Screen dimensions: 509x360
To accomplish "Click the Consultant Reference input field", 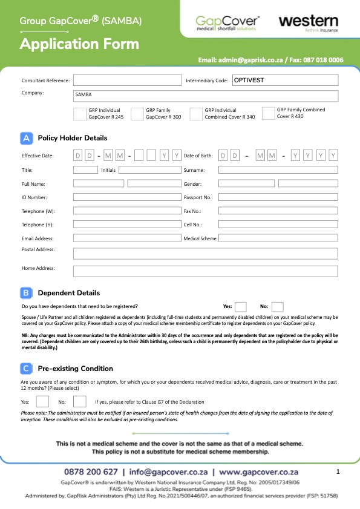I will (126, 80).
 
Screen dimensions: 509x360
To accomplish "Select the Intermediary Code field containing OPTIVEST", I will (284, 80).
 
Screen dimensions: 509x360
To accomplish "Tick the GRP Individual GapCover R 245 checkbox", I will (79, 114).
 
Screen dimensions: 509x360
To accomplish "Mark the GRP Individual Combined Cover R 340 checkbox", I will (195, 114).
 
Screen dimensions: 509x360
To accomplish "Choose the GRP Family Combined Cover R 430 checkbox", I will (268, 114).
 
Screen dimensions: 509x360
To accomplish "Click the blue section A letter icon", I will (27, 138).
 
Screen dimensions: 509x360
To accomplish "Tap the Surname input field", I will (278, 170).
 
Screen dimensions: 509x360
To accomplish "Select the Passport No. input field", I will (278, 197).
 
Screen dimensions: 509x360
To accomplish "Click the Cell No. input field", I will (278, 225).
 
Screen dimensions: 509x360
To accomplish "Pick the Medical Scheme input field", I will (278, 238).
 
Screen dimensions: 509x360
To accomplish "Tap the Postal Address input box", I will (206, 253).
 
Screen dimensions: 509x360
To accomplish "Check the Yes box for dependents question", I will (241, 306).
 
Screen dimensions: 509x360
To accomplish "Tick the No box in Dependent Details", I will (278, 306).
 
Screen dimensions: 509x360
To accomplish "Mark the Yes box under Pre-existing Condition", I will (42, 401).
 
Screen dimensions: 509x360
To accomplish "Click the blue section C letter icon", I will (27, 368).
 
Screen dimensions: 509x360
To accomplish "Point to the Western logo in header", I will (309, 23).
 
